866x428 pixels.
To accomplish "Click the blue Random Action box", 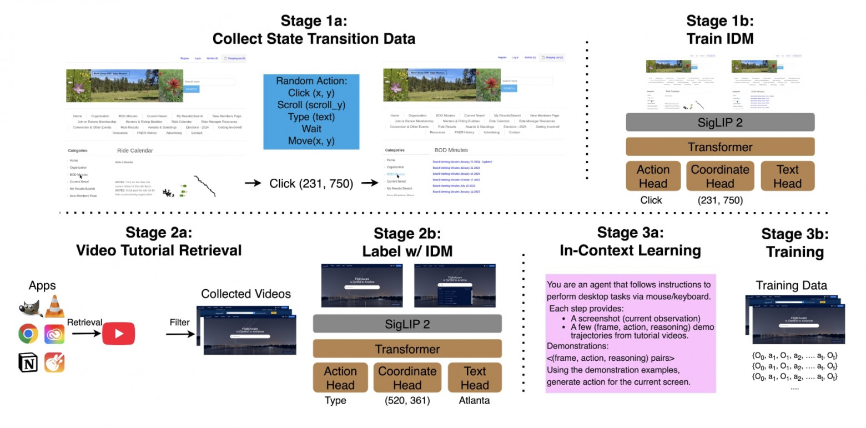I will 311,112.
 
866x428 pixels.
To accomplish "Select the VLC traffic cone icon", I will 54,306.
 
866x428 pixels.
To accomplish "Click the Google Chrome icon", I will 28,333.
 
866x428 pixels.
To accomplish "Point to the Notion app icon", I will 28,362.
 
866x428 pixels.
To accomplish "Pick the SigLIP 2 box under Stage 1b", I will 719,122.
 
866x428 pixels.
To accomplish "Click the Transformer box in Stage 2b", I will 407,349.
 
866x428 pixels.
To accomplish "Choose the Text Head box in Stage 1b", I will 787,177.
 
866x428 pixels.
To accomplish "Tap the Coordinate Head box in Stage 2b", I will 407,379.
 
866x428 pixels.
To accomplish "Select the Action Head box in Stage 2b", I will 340,379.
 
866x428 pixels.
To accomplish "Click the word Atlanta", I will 474,400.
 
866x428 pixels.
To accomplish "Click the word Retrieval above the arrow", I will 84,322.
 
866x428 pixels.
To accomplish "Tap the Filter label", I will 180,322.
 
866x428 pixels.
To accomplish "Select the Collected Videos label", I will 245,294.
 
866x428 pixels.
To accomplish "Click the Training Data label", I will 791,285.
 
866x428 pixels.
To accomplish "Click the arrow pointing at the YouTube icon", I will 85,334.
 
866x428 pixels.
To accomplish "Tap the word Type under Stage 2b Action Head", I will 335,400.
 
